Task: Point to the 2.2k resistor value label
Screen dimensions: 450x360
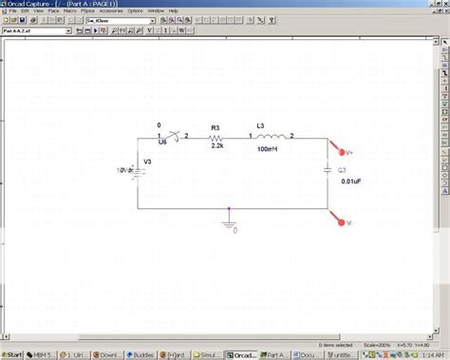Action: click(x=217, y=146)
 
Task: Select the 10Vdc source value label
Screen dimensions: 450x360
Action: click(x=124, y=170)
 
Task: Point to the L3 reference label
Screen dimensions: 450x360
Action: click(x=262, y=125)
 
